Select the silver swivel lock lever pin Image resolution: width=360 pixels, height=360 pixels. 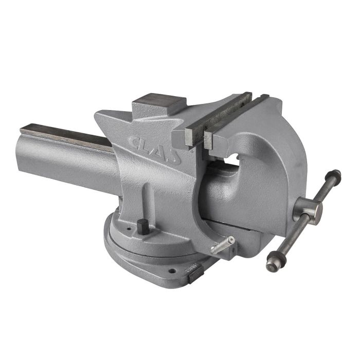(x=222, y=245)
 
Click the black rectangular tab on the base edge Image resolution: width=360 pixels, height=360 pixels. (x=193, y=276)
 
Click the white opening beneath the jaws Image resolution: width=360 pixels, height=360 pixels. (x=231, y=159)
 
